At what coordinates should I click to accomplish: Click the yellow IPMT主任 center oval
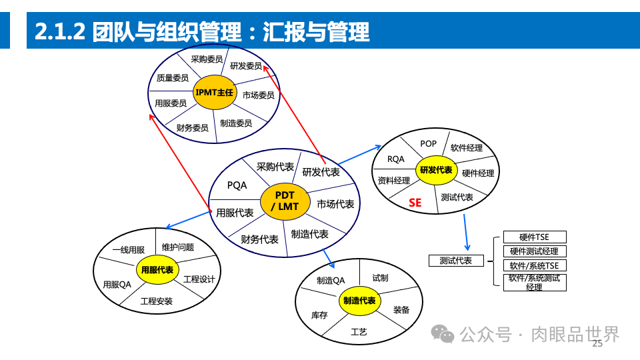214,92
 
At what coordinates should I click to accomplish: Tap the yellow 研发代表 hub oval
435,170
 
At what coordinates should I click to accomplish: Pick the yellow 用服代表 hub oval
158,269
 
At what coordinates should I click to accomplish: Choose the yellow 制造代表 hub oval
359,301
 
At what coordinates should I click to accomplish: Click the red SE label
415,202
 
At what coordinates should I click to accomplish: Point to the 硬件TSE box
534,237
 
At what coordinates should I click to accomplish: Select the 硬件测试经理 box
534,251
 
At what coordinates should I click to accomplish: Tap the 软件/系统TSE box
534,265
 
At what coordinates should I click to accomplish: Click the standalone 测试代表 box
456,261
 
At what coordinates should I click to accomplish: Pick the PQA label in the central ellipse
237,185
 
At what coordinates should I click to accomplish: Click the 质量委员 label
173,78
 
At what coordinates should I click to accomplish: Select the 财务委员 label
193,127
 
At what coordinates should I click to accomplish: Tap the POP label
428,143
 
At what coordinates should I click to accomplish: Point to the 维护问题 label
177,247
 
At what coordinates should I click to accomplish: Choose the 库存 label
319,315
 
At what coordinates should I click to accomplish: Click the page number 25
597,344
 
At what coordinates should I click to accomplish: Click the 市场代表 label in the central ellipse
335,204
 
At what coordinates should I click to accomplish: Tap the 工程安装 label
156,301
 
